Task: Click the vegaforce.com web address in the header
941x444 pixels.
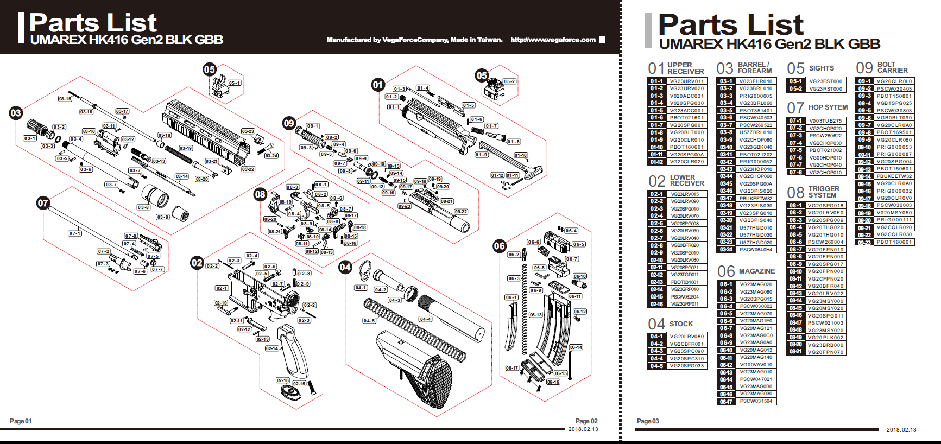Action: pyautogui.click(x=553, y=40)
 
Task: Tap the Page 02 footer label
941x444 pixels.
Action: pyautogui.click(x=586, y=421)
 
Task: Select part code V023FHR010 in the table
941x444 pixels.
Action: pyautogui.click(x=755, y=81)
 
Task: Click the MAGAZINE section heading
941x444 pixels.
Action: pyautogui.click(x=757, y=271)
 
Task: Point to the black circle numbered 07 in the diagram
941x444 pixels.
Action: pyautogui.click(x=43, y=203)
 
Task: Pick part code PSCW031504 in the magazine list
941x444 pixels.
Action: pyautogui.click(x=756, y=402)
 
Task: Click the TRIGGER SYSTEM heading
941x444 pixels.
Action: pyautogui.click(x=824, y=192)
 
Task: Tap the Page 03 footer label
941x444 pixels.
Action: pyautogui.click(x=648, y=421)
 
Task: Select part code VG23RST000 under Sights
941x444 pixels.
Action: pyautogui.click(x=826, y=89)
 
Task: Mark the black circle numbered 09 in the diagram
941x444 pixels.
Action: pyautogui.click(x=289, y=123)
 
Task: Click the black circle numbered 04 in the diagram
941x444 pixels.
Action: pyautogui.click(x=345, y=267)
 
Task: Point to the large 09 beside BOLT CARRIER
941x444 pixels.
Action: pyautogui.click(x=864, y=68)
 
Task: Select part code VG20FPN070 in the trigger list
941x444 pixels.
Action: pyautogui.click(x=825, y=352)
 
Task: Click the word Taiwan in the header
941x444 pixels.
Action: pyautogui.click(x=489, y=40)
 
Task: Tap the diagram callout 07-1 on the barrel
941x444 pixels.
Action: pyautogui.click(x=75, y=233)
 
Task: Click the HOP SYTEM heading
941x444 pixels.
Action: pyautogui.click(x=828, y=107)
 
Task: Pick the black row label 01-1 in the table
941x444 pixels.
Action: pyautogui.click(x=656, y=81)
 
